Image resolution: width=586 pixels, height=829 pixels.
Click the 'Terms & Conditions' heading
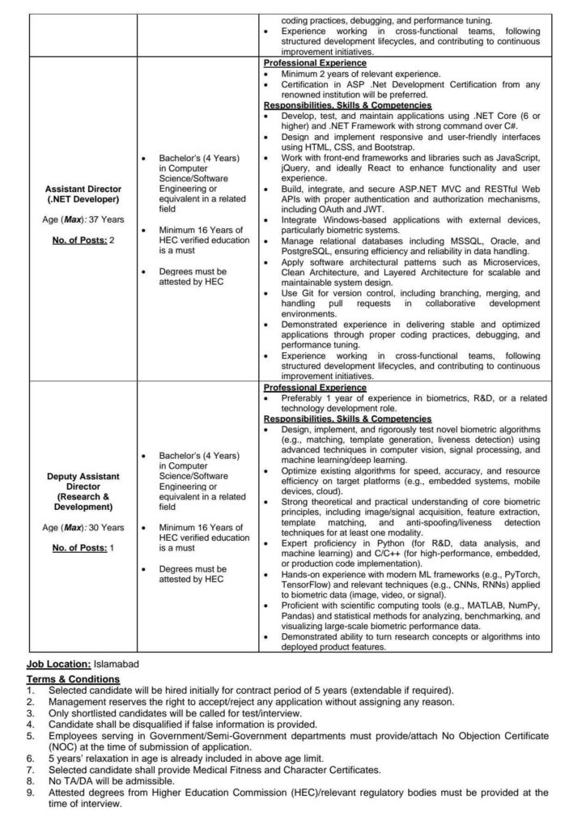(73, 678)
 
